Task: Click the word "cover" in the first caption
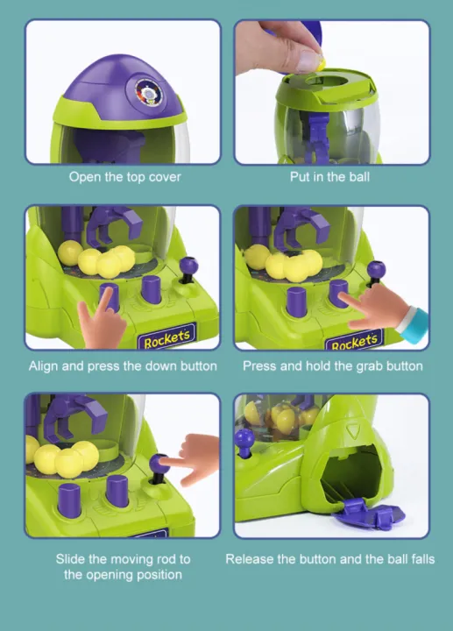[164, 177]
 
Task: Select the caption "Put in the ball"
[330, 177]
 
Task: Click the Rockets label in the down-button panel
[166, 340]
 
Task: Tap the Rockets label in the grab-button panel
[357, 340]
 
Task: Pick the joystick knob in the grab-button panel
[377, 269]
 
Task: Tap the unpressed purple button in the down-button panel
[152, 288]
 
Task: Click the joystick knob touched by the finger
[159, 463]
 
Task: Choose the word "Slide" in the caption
[73, 559]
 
